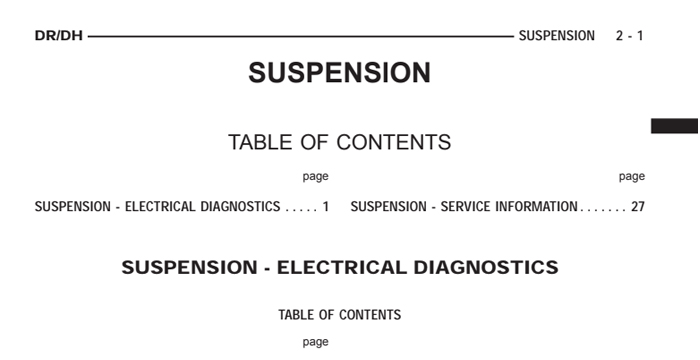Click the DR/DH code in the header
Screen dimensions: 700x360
[x=59, y=36]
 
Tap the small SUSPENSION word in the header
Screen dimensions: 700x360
[x=556, y=36]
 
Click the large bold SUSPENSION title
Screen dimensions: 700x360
[x=339, y=73]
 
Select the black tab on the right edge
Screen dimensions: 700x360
[x=674, y=125]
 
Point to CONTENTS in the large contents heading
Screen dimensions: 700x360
[x=393, y=142]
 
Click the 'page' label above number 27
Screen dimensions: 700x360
[x=632, y=176]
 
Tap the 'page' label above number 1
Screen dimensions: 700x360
[x=316, y=176]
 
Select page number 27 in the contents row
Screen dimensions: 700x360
[x=637, y=207]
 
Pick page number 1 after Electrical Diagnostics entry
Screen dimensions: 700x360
[x=325, y=207]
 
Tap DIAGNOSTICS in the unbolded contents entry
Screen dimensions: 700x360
[x=239, y=207]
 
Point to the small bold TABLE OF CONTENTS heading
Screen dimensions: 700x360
[x=339, y=315]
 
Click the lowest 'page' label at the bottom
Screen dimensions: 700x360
[x=316, y=342]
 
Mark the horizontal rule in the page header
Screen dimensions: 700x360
[x=300, y=36]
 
